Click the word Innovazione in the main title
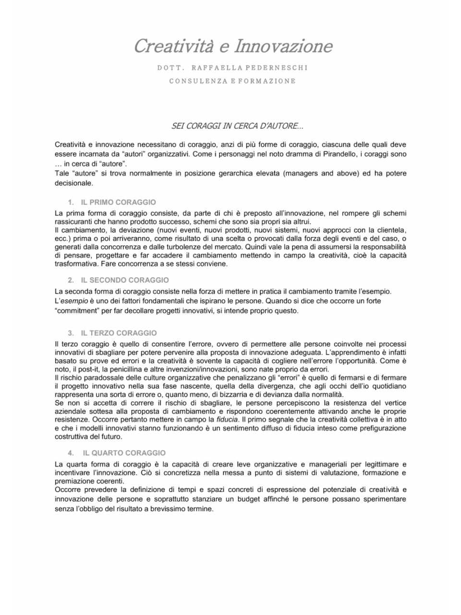pyautogui.click(x=283, y=47)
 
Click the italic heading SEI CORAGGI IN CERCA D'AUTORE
pyautogui.click(x=237, y=126)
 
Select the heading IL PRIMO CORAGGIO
pyautogui.click(x=118, y=202)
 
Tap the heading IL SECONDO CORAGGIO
pyautogui.click(x=125, y=280)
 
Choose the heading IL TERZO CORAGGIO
pyautogui.click(x=119, y=333)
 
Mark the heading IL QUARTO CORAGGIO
pyautogui.click(x=124, y=453)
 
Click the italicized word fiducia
pyautogui.click(x=227, y=420)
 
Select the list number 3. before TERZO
pyautogui.click(x=71, y=333)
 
